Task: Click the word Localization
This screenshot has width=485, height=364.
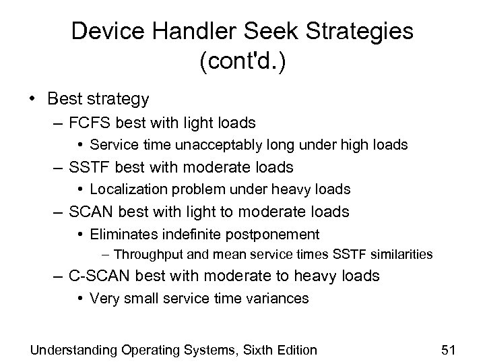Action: click(124, 189)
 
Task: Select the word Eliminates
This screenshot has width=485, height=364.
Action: click(123, 234)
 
